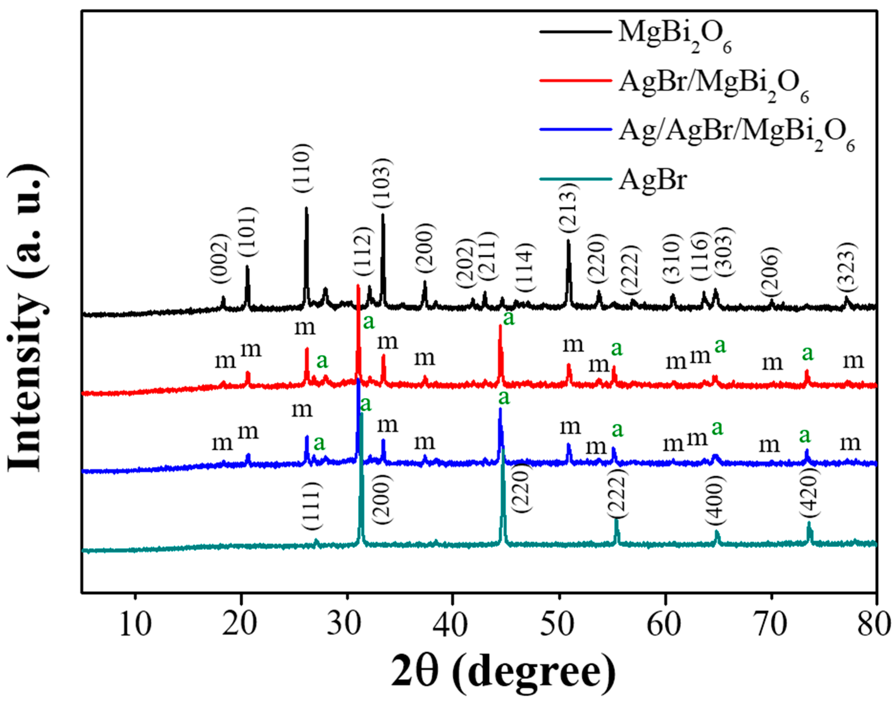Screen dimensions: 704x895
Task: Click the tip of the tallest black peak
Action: [x=306, y=208]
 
